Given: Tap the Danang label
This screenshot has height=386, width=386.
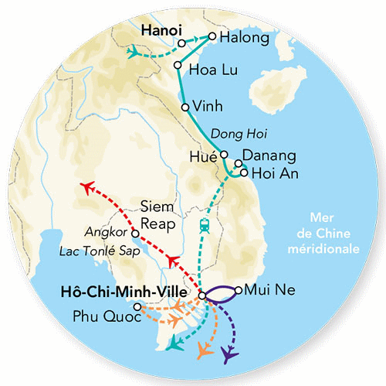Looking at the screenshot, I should (x=264, y=156).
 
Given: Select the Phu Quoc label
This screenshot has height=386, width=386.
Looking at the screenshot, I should (x=103, y=316).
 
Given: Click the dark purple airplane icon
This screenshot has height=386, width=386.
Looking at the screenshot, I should (x=229, y=356).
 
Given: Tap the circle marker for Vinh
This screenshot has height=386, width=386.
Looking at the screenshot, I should (x=185, y=108).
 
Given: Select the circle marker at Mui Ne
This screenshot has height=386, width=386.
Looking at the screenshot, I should (x=239, y=291).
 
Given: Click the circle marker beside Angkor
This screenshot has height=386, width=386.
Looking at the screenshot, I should (x=136, y=232).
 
